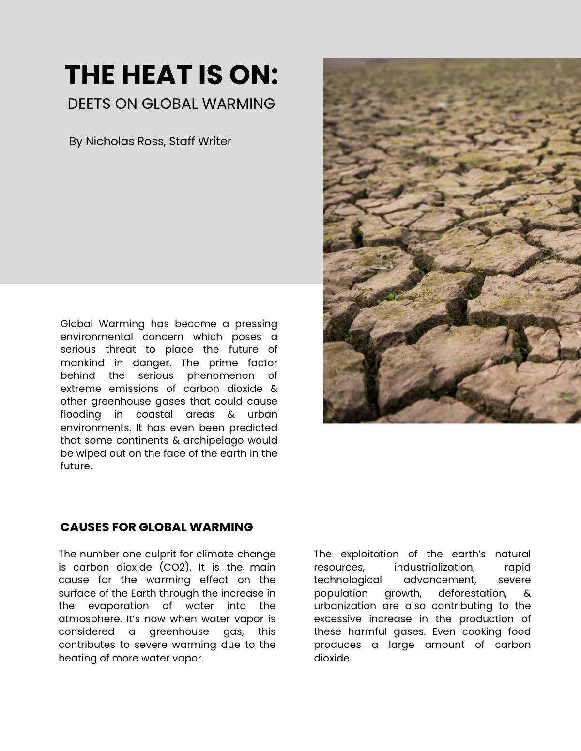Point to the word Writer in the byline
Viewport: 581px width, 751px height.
[215, 141]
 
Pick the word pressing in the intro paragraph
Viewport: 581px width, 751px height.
[256, 324]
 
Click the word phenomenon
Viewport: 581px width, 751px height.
[220, 375]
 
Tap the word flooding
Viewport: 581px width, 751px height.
[81, 415]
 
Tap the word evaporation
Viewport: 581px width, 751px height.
[118, 606]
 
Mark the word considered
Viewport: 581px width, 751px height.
[87, 631]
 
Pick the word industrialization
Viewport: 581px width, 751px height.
[434, 567]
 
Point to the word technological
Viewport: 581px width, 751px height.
[348, 580]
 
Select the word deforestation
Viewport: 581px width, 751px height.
[472, 593]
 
